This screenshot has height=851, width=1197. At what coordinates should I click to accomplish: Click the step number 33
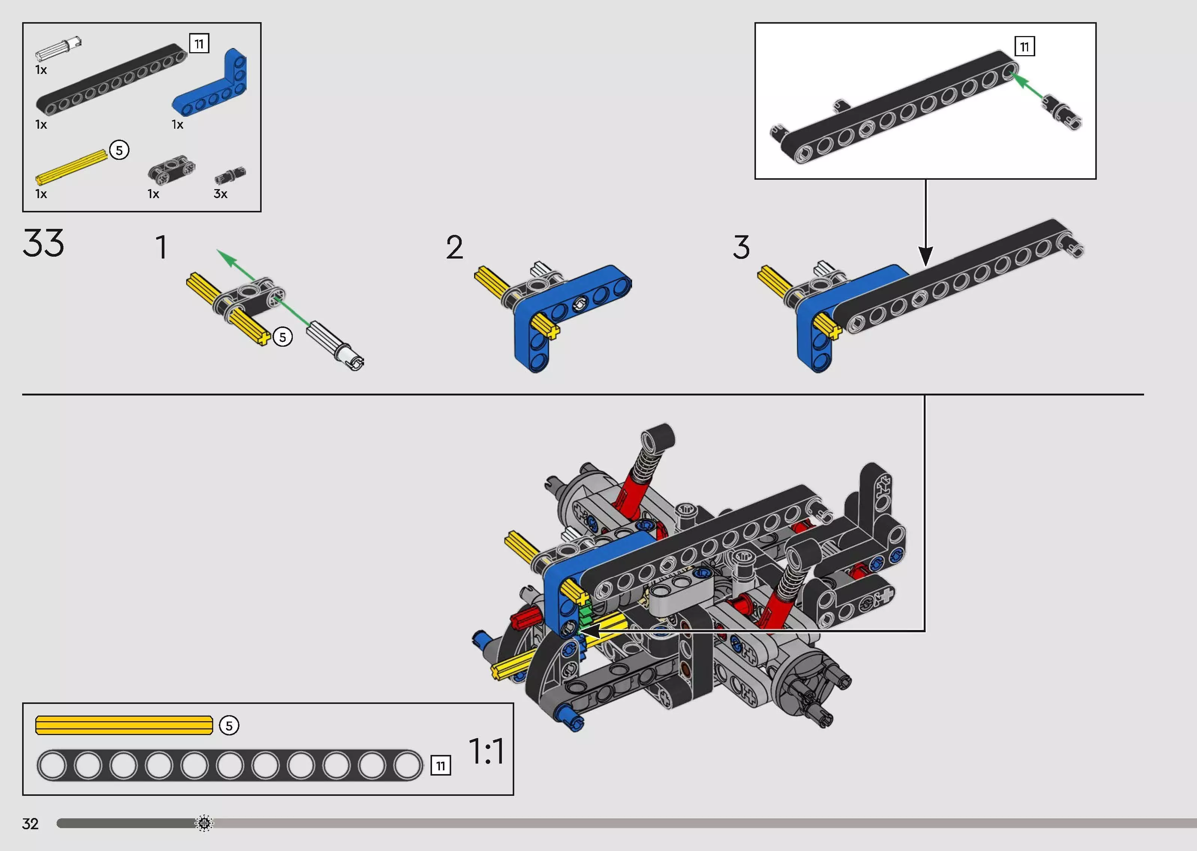click(44, 243)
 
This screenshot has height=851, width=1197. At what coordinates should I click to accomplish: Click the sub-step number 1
click(161, 247)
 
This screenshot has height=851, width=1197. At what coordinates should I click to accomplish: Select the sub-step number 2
click(455, 247)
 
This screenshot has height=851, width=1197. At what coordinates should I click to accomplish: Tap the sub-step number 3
click(741, 247)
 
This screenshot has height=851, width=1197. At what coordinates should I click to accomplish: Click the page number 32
click(30, 824)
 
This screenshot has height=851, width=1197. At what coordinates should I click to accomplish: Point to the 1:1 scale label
click(486, 752)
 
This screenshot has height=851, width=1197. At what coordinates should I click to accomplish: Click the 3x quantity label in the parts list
click(220, 194)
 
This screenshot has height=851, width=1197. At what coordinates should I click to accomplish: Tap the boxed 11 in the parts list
click(199, 44)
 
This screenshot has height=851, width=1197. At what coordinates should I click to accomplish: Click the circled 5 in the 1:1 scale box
click(229, 726)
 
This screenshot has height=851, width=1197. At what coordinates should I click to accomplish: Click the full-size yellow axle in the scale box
click(124, 725)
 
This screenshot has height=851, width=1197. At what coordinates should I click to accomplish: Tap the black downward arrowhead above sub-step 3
click(926, 256)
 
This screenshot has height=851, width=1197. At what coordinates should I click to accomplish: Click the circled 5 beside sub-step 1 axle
click(283, 337)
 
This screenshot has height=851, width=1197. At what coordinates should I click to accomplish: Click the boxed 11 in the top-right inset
click(1025, 47)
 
